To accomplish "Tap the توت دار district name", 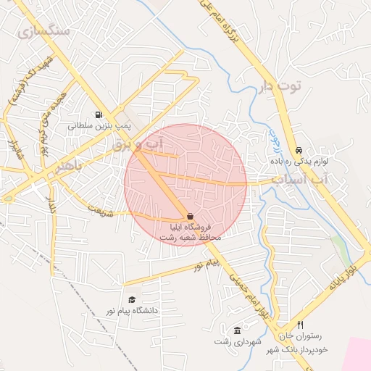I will pos(279,88).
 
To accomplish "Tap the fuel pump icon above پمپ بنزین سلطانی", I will pos(98,114).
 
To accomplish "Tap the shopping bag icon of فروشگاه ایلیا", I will pos(190,216).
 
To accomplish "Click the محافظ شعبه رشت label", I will pos(189,236).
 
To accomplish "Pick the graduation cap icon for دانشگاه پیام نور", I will pos(132,299).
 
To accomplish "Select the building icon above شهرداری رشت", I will pos(237,330).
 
